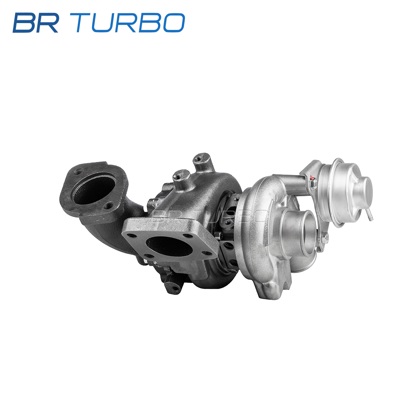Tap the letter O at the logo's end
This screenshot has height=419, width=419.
pos(174,23)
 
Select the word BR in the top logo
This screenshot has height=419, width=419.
pos(36,23)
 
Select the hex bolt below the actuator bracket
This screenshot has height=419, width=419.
pos(325,238)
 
